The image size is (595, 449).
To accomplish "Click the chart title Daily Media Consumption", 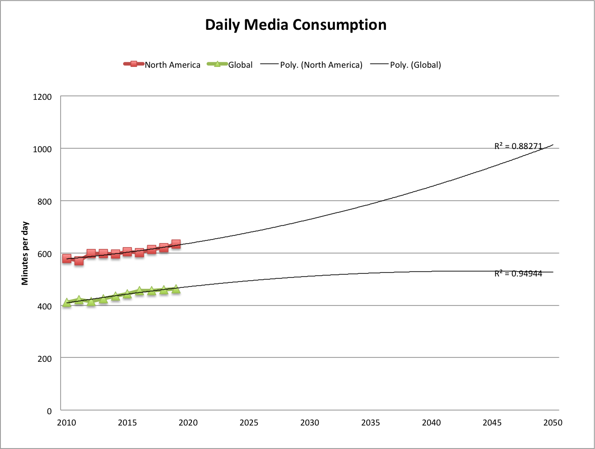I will point(296,24).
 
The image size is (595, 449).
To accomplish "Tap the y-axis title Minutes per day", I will point(25,253).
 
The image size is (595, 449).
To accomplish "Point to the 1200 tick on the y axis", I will point(42,97).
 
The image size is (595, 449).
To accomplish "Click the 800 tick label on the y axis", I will point(44,201).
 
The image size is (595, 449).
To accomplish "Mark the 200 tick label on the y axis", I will point(44,359).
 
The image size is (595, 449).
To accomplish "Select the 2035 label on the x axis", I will point(371,423).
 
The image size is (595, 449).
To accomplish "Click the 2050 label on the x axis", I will point(553,423).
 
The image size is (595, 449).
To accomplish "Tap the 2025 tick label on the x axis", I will point(249,423).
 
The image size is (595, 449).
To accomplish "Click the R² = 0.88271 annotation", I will point(518,146).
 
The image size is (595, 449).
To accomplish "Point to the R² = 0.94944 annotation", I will point(518,273).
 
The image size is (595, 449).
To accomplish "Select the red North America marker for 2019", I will point(176,244).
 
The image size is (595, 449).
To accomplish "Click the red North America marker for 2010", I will point(67,258).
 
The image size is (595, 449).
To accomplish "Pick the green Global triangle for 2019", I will point(176,289).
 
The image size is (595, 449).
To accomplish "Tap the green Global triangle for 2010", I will point(67,303).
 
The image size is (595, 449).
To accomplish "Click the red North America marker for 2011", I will point(79,261).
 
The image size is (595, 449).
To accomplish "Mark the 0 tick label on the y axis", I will point(49,411).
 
